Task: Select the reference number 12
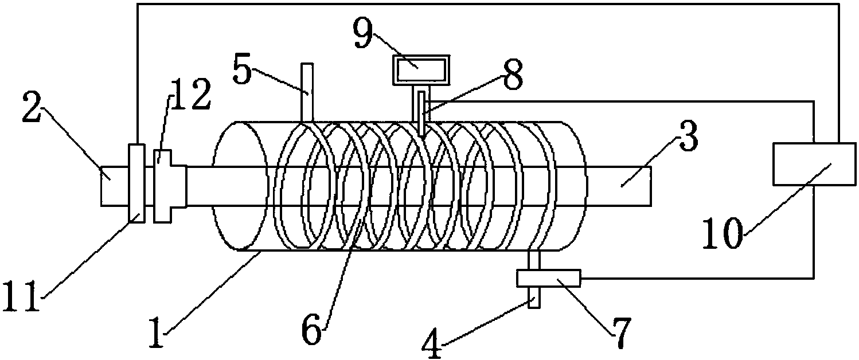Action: (190, 95)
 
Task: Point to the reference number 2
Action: (32, 110)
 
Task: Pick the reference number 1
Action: (157, 332)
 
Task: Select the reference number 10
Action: (723, 233)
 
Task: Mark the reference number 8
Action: (513, 75)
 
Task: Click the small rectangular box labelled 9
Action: (421, 69)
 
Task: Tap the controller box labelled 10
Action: (814, 164)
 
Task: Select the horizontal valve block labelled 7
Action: (548, 278)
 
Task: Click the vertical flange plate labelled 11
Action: (136, 183)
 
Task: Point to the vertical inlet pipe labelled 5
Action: (307, 92)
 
